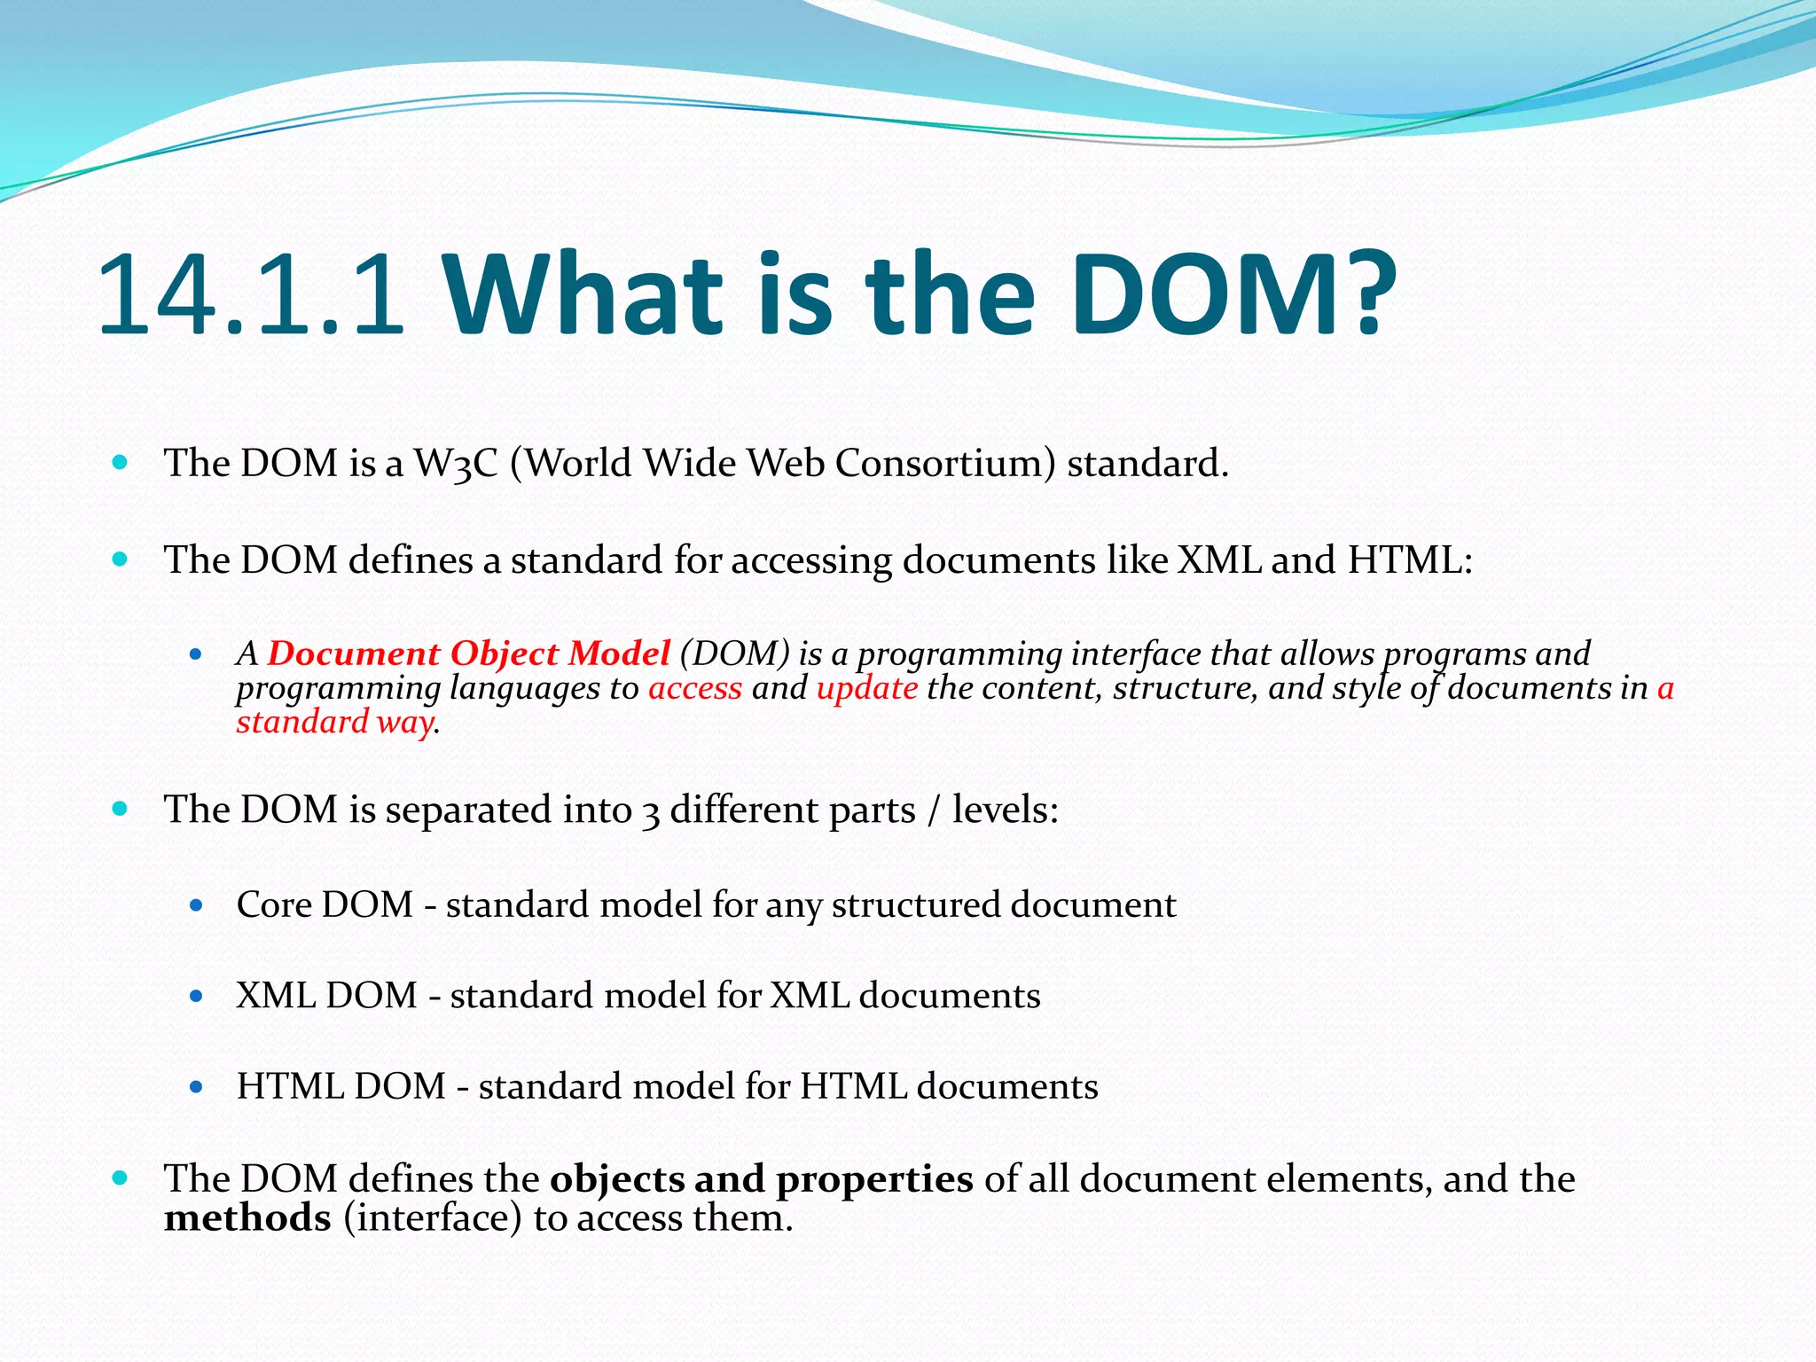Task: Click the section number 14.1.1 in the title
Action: pos(250,295)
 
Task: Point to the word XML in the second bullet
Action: pos(1218,560)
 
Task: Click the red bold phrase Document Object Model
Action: pos(468,654)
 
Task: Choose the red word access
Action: pos(695,689)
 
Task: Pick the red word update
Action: pos(866,689)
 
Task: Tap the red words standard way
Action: pos(335,723)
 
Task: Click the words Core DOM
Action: pos(325,905)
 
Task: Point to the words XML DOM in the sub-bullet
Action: pos(326,996)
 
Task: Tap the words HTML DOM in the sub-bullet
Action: pos(340,1087)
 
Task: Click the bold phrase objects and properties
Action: pos(761,1179)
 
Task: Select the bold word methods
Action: pos(247,1218)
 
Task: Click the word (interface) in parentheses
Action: pos(432,1218)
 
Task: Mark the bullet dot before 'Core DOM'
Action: pos(197,906)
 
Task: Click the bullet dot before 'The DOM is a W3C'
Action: pos(121,463)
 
